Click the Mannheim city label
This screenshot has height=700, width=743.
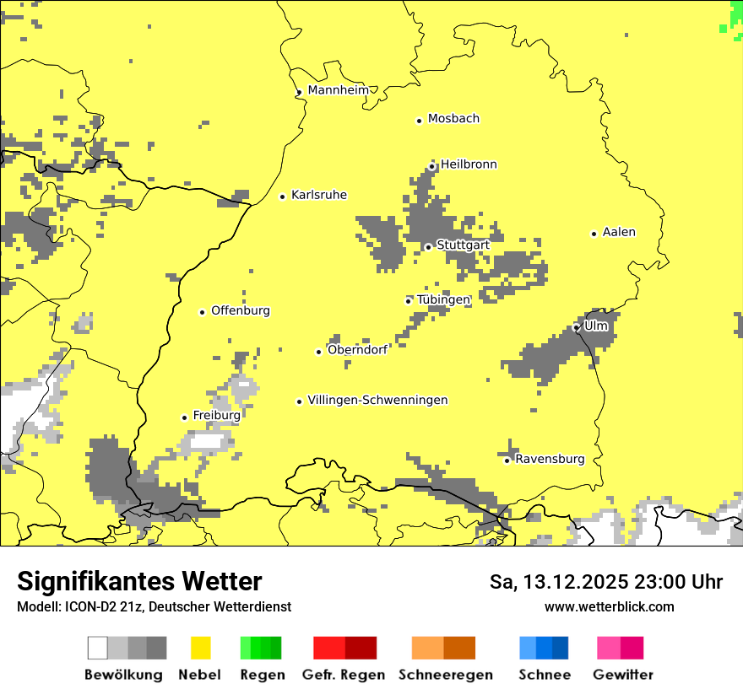tap(339, 90)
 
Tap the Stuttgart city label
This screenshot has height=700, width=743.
tap(463, 245)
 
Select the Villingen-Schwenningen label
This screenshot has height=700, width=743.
tap(377, 401)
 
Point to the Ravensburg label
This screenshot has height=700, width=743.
tap(550, 460)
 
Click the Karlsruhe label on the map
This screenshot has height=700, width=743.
tap(319, 196)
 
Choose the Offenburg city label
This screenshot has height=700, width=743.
tap(241, 311)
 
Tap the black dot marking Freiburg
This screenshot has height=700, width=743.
tap(184, 417)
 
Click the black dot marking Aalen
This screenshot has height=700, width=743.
tap(594, 234)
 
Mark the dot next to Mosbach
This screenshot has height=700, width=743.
tap(419, 121)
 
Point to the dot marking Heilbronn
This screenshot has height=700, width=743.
tap(431, 166)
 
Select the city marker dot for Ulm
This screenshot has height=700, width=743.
tap(576, 327)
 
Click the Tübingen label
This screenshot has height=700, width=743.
tap(443, 300)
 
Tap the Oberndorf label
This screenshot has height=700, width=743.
tap(357, 350)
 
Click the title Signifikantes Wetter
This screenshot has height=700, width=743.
tap(139, 581)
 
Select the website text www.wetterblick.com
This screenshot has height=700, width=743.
tap(609, 606)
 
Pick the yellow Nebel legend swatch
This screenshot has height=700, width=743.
tap(200, 648)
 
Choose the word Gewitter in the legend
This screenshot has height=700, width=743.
tap(622, 675)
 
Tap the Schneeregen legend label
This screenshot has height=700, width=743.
tap(445, 675)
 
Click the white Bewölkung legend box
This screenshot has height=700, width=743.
tap(98, 648)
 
